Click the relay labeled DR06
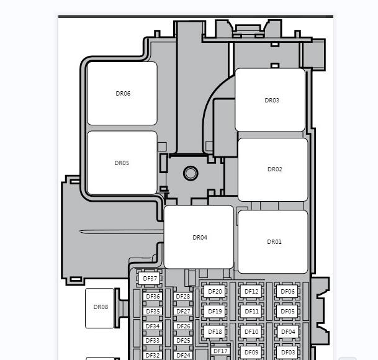(x=122, y=93)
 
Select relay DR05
(x=122, y=163)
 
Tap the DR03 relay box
(x=270, y=100)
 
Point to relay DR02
(x=273, y=169)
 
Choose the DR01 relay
(x=273, y=242)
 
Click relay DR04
(x=199, y=237)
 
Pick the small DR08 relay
(x=99, y=308)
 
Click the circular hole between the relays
(x=191, y=173)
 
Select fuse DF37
(x=150, y=279)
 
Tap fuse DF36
(x=153, y=296)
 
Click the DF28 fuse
(x=183, y=296)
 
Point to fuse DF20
(x=215, y=292)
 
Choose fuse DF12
(x=251, y=292)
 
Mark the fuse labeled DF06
(x=287, y=292)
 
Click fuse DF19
(x=215, y=312)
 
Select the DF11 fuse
(x=251, y=312)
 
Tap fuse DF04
(x=287, y=332)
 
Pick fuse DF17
(x=220, y=351)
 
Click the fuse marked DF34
(x=153, y=326)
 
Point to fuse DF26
(x=183, y=326)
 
